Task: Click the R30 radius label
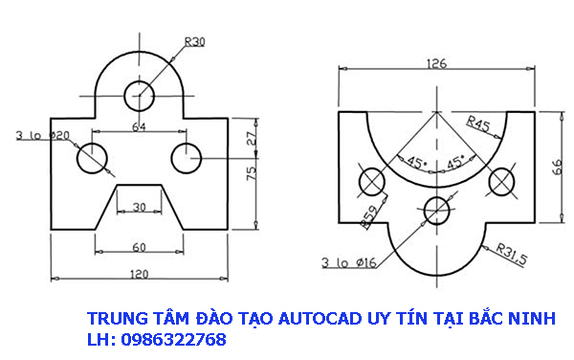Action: (x=194, y=41)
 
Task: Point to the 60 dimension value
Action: (x=139, y=247)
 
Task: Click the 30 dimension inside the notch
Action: (x=140, y=207)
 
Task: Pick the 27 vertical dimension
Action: (x=252, y=136)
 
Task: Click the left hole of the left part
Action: (x=93, y=158)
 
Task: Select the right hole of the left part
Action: (x=185, y=157)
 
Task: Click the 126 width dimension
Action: (x=436, y=65)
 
